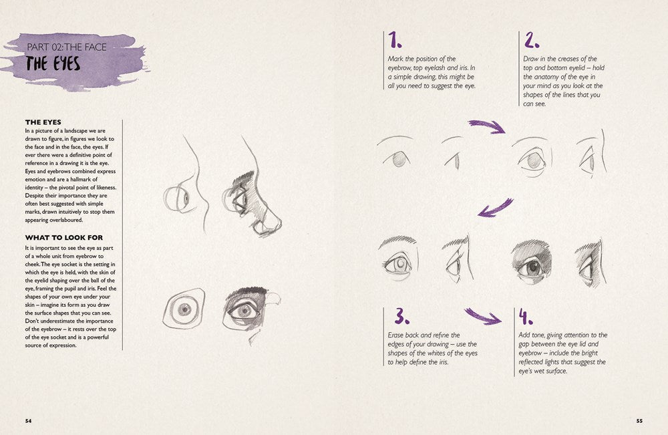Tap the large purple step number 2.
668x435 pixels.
[x=532, y=41]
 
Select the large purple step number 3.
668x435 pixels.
[x=401, y=316]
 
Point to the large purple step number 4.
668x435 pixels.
[x=526, y=316]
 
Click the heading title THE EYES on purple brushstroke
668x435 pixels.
[x=53, y=64]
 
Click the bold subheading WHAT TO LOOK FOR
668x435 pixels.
[x=63, y=237]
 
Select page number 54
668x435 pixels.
[x=29, y=420]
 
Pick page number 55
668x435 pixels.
[x=639, y=420]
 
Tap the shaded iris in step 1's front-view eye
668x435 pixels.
[x=399, y=159]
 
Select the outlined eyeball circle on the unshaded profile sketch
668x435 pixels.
[x=177, y=198]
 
